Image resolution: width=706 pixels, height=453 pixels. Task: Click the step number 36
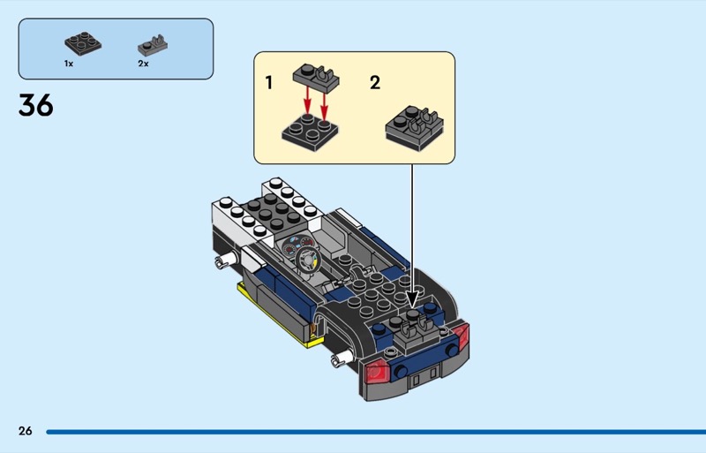click(x=36, y=105)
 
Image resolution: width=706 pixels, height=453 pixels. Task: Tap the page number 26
click(x=26, y=431)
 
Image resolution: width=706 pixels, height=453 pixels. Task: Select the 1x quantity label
click(x=69, y=64)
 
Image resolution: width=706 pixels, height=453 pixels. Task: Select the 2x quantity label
click(x=143, y=64)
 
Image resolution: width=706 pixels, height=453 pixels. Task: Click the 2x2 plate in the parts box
click(x=83, y=44)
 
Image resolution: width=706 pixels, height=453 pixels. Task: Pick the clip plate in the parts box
click(x=153, y=46)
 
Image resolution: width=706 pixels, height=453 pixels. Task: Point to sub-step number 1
click(x=269, y=83)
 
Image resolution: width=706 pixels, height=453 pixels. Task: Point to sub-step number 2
click(x=375, y=82)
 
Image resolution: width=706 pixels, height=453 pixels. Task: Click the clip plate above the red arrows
click(x=316, y=77)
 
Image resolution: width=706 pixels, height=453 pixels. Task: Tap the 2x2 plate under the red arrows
click(x=310, y=132)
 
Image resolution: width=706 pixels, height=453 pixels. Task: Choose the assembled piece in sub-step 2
click(x=414, y=127)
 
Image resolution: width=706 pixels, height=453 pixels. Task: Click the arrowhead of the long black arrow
click(x=412, y=299)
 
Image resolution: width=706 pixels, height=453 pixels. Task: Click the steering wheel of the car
click(x=308, y=260)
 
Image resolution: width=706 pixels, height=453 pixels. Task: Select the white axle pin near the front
click(x=225, y=260)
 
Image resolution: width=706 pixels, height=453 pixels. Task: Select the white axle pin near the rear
click(x=342, y=358)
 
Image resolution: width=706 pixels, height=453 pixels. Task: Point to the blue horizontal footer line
click(x=376, y=432)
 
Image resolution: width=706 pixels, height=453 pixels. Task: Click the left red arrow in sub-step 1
click(x=307, y=100)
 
